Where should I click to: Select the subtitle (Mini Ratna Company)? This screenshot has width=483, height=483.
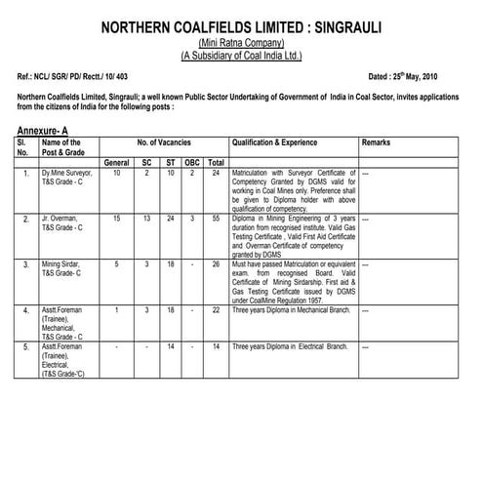pos(241,44)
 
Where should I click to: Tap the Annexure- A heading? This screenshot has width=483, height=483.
pos(46,129)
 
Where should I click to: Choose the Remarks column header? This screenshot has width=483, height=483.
pos(376,142)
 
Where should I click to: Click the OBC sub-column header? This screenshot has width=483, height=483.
pos(193,161)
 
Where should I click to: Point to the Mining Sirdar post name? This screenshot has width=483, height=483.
pos(63,264)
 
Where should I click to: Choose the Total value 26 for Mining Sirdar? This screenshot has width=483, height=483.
pos(216,264)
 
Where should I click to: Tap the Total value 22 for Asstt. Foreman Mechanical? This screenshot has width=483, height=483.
pos(216,309)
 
